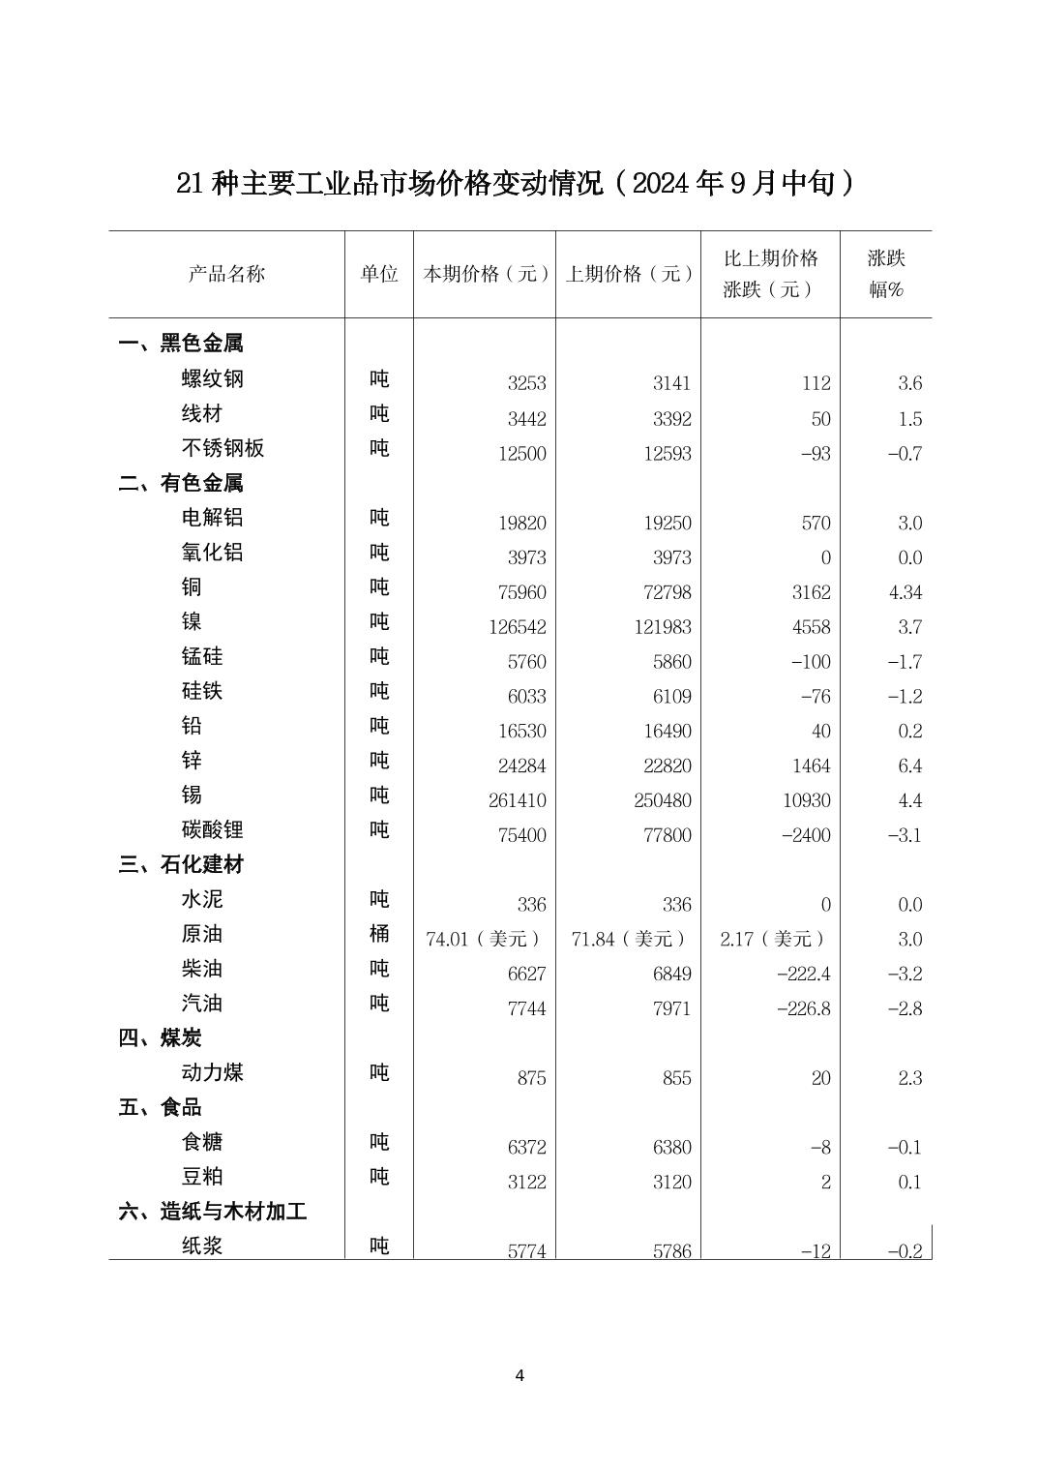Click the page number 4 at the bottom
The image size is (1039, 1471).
coord(519,1375)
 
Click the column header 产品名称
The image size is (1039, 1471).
coord(226,274)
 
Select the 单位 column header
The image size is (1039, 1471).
coord(379,274)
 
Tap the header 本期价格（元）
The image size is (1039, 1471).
coord(485,274)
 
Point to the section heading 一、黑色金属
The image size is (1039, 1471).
coord(181,344)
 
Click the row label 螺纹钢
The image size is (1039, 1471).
coord(213,378)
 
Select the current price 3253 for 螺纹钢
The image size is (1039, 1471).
coord(526,383)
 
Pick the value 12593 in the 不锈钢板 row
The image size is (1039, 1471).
coord(667,453)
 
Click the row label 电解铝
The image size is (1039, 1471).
coord(213,517)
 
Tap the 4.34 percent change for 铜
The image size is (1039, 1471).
coord(905,592)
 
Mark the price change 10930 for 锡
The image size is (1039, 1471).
coord(806,800)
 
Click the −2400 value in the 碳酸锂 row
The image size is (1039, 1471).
coord(805,835)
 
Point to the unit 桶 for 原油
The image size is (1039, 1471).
coord(379,934)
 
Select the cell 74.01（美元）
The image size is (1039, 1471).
coord(484,939)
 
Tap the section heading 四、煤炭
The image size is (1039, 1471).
coord(161,1038)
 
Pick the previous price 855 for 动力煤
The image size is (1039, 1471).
coord(676,1078)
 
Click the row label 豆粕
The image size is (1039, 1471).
coord(202,1177)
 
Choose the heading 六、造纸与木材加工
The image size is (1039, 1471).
coord(213,1212)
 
